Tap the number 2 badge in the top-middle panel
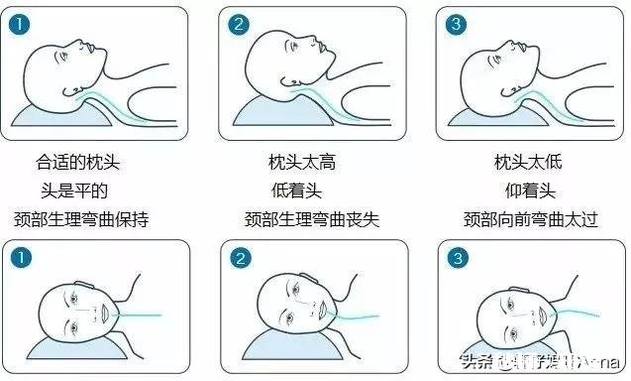[239, 25]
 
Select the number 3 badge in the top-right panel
[456, 25]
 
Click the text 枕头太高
[301, 161]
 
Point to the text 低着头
[301, 190]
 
